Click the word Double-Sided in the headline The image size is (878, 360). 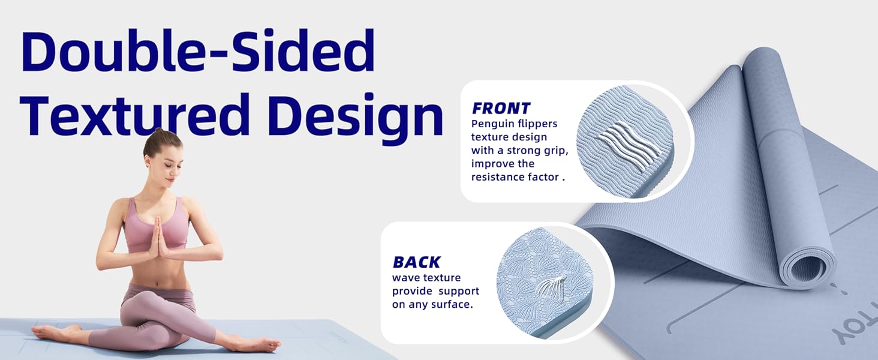(x=198, y=53)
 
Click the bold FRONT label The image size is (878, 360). (x=501, y=109)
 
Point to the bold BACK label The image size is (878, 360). (x=416, y=262)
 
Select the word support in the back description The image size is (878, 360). (x=458, y=291)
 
